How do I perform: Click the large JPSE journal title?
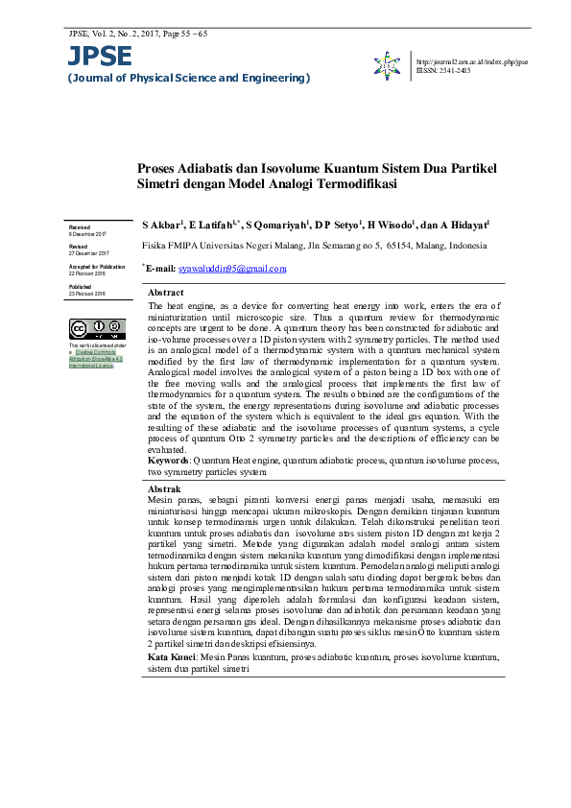(99, 57)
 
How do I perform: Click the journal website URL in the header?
(472, 61)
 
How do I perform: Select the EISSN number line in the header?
(443, 70)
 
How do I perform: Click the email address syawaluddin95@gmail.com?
(233, 269)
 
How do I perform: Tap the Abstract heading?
(166, 292)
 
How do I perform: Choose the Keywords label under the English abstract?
(168, 461)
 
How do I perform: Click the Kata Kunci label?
(171, 657)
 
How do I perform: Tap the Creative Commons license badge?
(94, 330)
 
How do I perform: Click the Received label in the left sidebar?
(79, 226)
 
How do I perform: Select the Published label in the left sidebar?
(80, 286)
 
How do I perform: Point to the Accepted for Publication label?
(96, 266)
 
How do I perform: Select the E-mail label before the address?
(160, 269)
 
